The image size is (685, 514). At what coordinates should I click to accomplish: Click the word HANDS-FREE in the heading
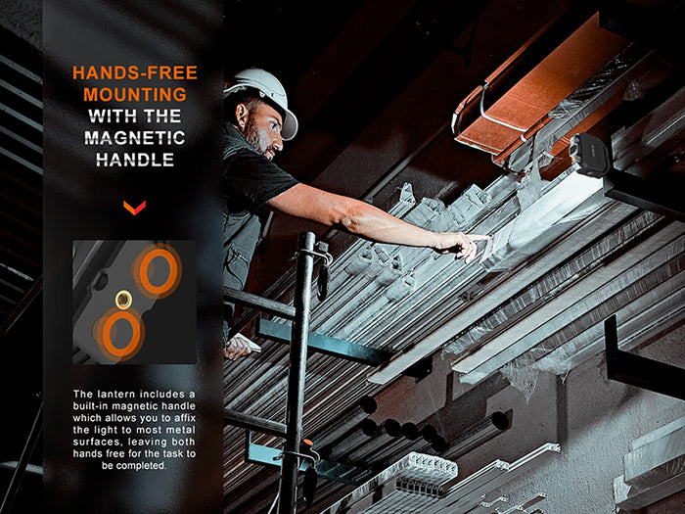[x=135, y=73]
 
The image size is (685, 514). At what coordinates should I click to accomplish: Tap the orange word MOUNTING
[x=135, y=94]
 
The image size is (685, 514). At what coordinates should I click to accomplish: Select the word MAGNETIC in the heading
[x=135, y=138]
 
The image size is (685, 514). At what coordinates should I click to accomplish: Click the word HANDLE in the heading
[x=135, y=160]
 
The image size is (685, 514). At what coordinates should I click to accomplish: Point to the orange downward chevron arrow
[x=135, y=208]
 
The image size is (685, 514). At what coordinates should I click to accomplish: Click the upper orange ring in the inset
[x=159, y=269]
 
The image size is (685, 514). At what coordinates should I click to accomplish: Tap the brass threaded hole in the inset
[x=123, y=300]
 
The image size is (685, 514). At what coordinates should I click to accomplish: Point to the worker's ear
[x=242, y=115]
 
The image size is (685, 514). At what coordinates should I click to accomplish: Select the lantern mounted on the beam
[x=589, y=155]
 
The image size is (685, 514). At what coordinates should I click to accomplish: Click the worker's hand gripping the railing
[x=240, y=346]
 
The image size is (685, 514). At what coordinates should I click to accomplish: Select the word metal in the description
[x=181, y=430]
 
